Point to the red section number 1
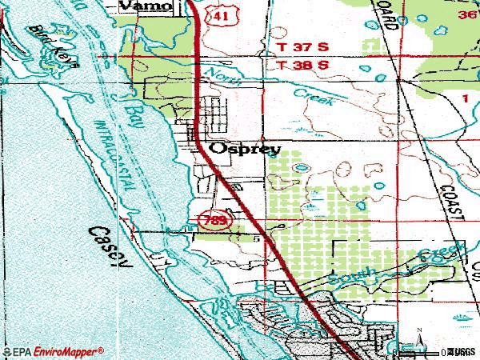465,97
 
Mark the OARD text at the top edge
390,16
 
